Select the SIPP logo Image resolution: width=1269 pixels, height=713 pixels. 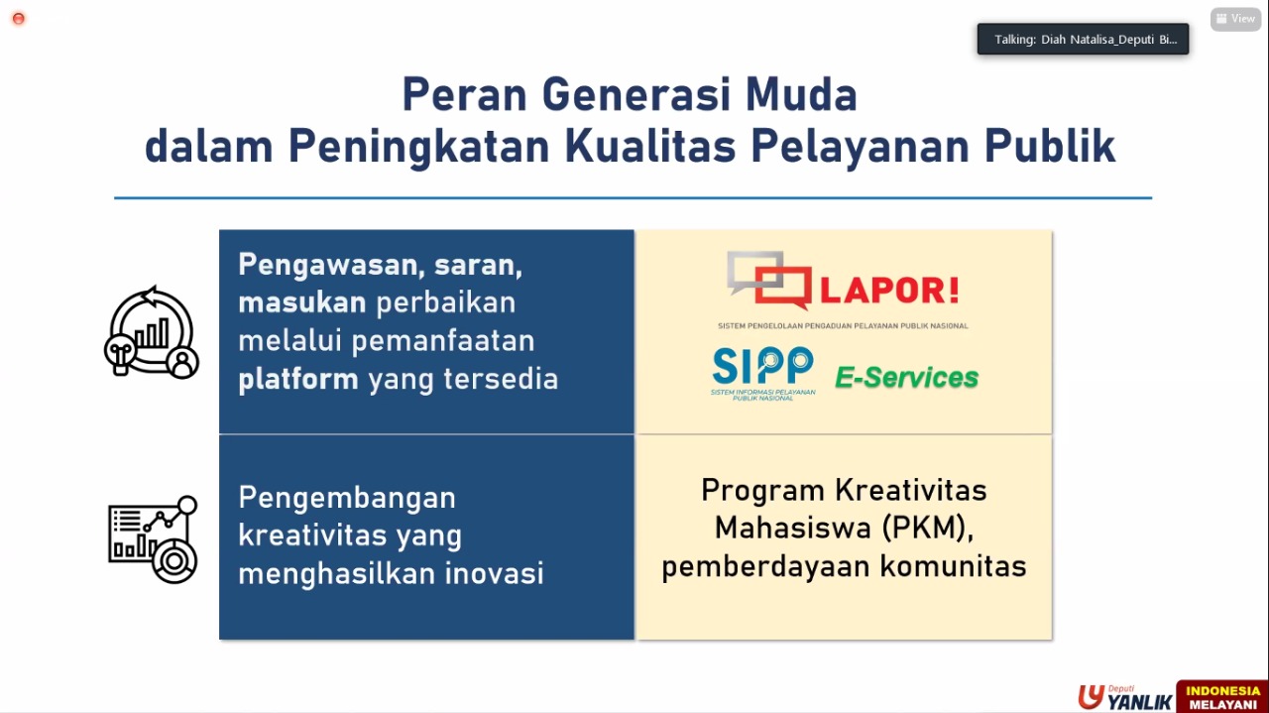762,371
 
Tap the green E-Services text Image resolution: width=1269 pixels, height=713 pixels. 906,378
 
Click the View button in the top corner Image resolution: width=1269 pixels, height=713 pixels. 1235,19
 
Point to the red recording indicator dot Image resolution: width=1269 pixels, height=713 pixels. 18,19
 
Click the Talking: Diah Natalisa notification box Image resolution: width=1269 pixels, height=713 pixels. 1083,40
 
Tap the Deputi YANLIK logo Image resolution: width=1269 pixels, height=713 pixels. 1124,697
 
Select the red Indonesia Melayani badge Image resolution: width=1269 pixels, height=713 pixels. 1222,697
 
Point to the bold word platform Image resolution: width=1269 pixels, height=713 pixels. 297,379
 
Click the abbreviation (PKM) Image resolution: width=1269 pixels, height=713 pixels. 924,528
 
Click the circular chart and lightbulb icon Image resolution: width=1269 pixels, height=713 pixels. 152,333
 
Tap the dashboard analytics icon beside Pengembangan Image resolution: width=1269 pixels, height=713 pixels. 153,539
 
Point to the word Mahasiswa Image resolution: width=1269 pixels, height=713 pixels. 793,528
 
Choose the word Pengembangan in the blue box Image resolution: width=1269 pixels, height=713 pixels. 347,497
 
